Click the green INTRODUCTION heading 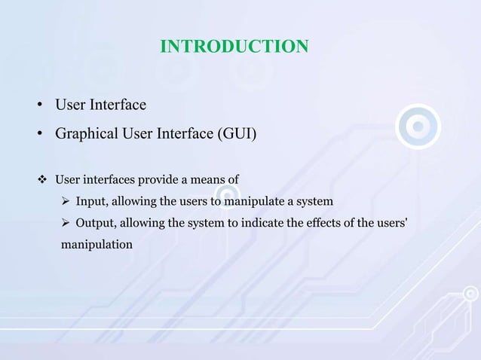(x=234, y=47)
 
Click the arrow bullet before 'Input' (x=66, y=202)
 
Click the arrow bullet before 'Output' (x=66, y=224)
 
